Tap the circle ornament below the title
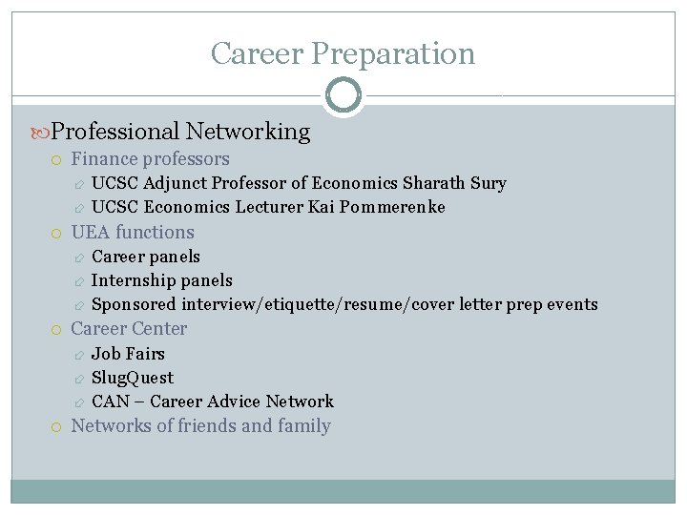(343, 94)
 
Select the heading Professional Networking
(180, 132)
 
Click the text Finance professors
(150, 159)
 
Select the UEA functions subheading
(133, 232)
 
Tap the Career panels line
(146, 257)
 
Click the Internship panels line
(161, 280)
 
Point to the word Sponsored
(134, 304)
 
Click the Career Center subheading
(129, 329)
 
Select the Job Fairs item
(128, 354)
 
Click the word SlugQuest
(133, 378)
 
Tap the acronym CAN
(111, 402)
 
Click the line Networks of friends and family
(200, 426)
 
